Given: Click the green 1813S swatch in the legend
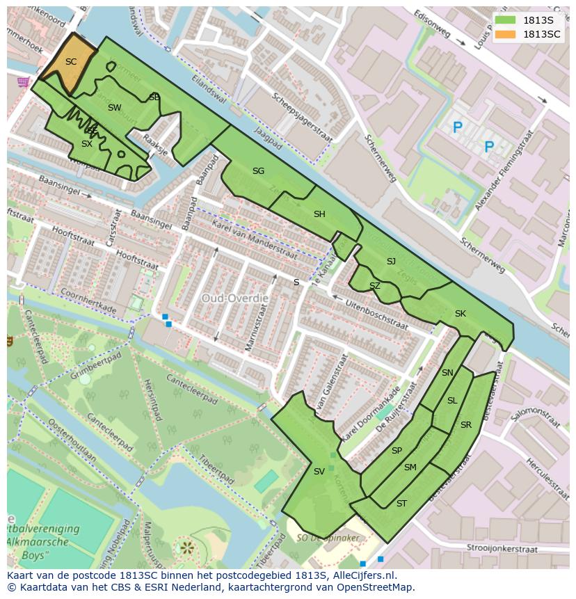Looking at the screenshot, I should coord(506,21).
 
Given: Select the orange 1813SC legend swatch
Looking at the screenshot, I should coord(506,34).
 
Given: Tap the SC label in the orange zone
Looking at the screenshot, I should coord(71,62).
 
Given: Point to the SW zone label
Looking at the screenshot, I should coord(115,107).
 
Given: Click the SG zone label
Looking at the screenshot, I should coord(258,170).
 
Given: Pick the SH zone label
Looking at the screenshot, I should coord(319,214).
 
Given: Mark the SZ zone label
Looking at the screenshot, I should coord(375,286).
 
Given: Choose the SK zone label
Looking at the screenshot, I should coord(460,314).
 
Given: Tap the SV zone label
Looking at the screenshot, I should coord(319,471).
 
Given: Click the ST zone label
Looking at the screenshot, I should coord(401,503).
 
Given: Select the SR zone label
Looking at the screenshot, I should coord(465,424).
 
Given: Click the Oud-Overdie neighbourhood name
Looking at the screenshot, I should coord(234,297).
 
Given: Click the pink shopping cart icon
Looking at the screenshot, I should coord(23,81).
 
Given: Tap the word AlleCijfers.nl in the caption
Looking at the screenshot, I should coord(361,575).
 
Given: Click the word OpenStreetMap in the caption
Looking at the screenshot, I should coord(376,587).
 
